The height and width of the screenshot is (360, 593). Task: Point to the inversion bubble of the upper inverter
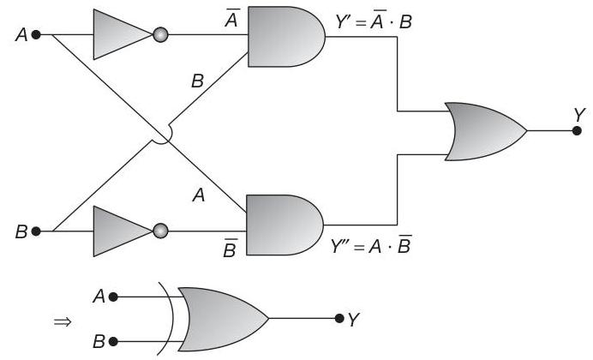pyautogui.click(x=160, y=36)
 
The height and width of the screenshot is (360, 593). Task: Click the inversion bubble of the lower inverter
pyautogui.click(x=160, y=231)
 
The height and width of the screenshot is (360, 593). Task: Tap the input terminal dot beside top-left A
pyautogui.click(x=36, y=36)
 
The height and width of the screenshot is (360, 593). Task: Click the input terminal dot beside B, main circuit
pyautogui.click(x=36, y=231)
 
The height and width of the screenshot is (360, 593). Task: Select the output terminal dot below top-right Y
pyautogui.click(x=577, y=131)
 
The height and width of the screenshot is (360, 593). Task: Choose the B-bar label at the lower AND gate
pyautogui.click(x=231, y=249)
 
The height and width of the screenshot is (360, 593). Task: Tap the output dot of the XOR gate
pyautogui.click(x=340, y=319)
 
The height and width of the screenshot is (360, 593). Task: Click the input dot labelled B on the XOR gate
pyautogui.click(x=113, y=341)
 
